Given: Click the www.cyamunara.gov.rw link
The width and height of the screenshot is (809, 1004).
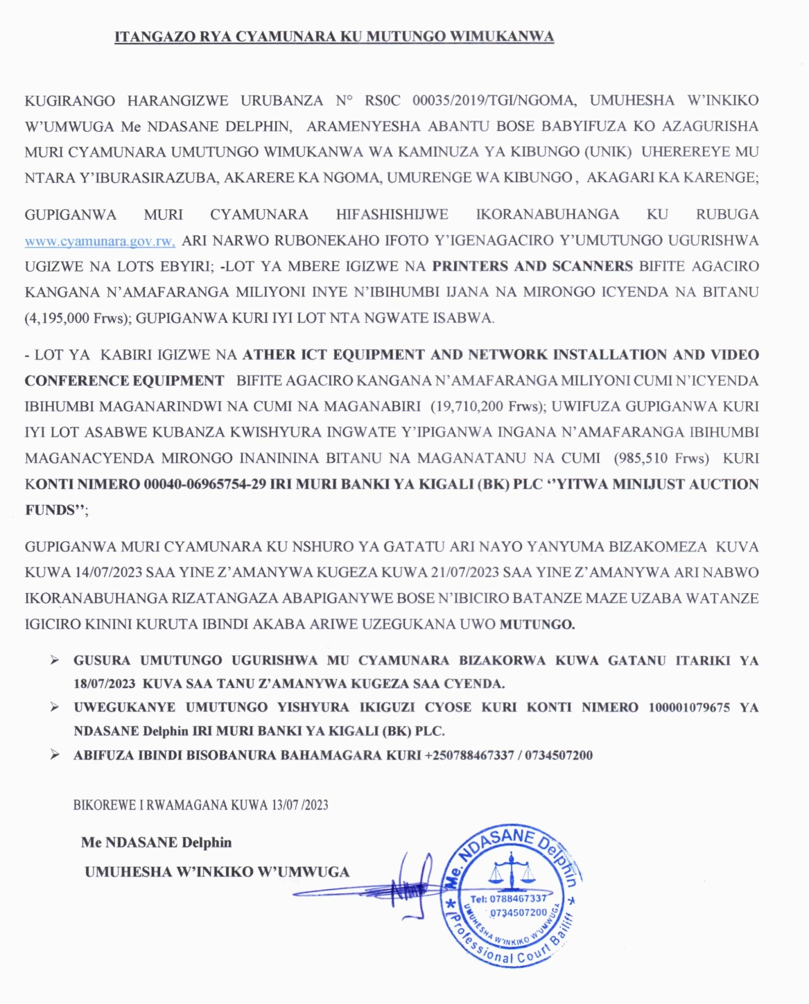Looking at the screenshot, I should (100, 241).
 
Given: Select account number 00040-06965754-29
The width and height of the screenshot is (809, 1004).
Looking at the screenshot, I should (205, 484).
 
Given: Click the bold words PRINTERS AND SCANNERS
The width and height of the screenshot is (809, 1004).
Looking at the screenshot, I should (532, 266).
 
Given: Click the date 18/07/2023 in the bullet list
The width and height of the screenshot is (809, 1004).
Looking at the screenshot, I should (105, 684).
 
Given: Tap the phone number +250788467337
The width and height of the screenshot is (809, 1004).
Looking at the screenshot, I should (469, 755).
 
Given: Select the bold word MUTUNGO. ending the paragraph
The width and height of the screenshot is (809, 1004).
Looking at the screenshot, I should (537, 624).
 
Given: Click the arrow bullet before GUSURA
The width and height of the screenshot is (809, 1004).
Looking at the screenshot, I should (54, 660).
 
